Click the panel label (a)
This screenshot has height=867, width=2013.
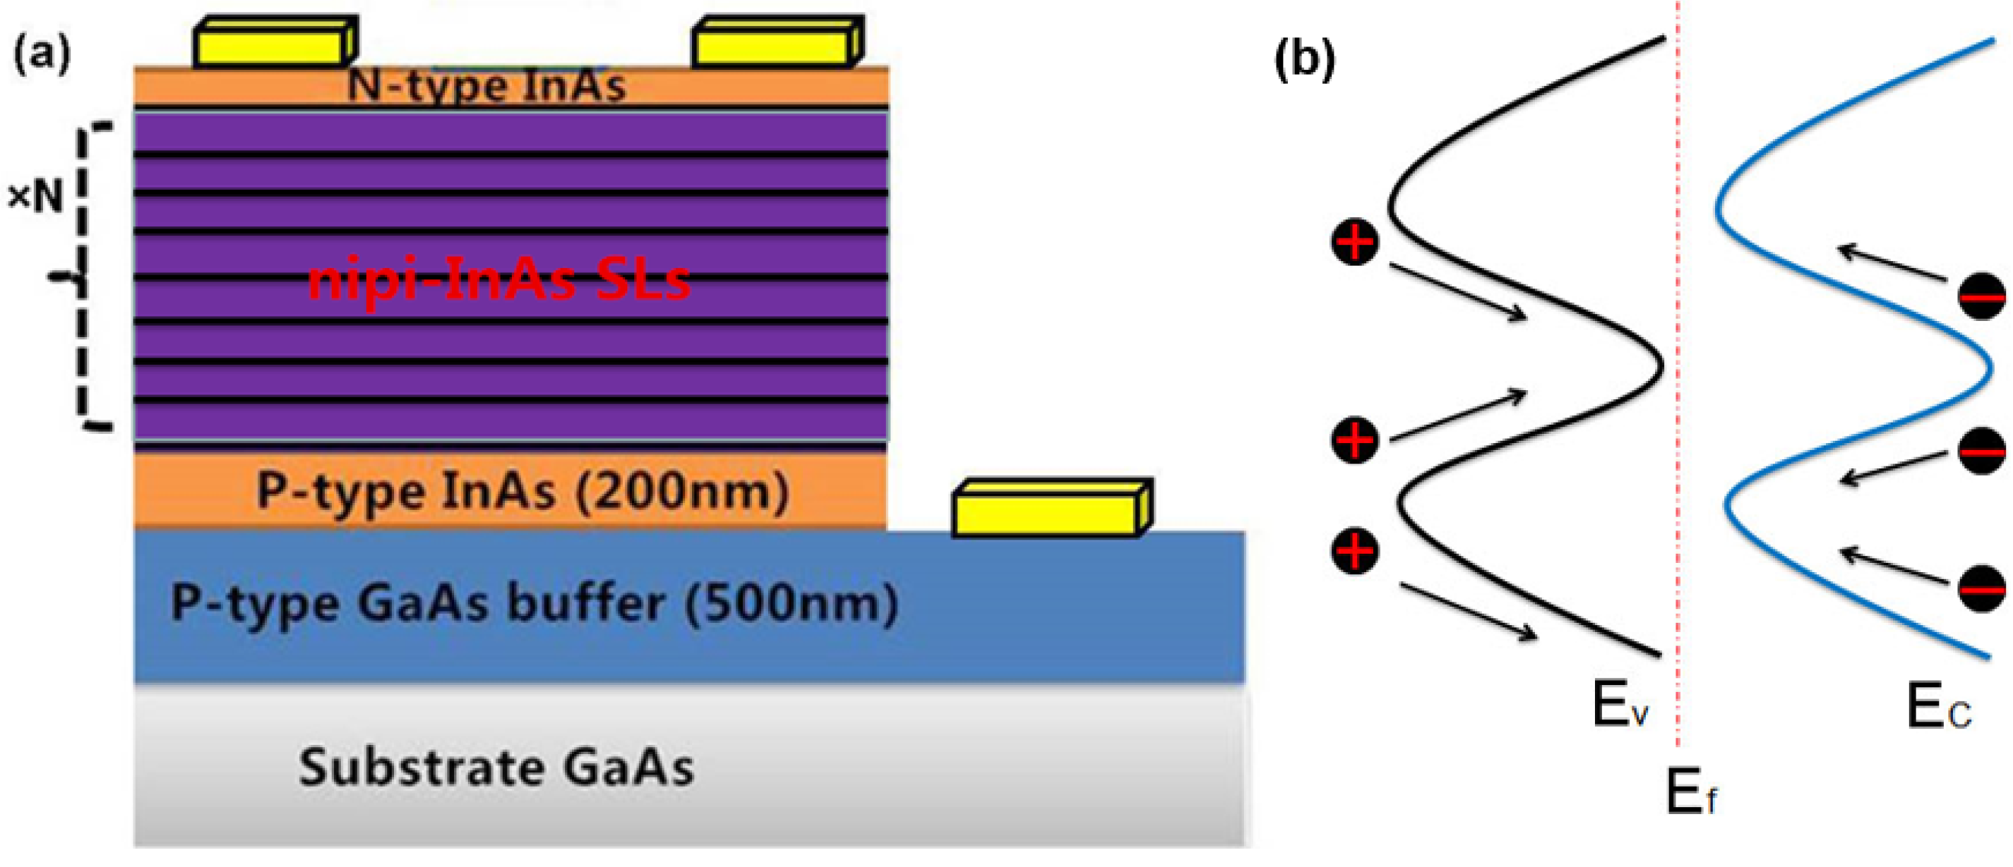(x=42, y=55)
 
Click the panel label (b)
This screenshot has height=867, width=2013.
(x=1304, y=59)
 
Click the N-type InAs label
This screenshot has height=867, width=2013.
(x=486, y=85)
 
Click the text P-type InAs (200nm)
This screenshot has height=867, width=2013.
(x=522, y=491)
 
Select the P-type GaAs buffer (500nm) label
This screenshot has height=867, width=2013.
(x=534, y=604)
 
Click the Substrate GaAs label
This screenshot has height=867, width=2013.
(x=496, y=767)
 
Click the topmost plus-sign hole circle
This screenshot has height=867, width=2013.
(x=1354, y=242)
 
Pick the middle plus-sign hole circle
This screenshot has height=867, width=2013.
(x=1354, y=439)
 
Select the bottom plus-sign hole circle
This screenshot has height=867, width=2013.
(x=1354, y=552)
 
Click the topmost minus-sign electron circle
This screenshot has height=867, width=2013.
(x=1981, y=297)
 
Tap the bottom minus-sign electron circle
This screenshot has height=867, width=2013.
(x=1981, y=588)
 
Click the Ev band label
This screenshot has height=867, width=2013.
(x=1620, y=705)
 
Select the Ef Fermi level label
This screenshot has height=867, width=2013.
(x=1691, y=793)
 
